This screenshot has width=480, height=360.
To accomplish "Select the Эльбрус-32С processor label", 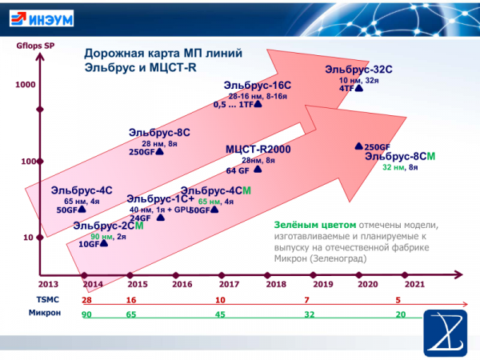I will point(358,70).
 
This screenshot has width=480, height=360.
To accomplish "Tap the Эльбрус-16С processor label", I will point(256,85).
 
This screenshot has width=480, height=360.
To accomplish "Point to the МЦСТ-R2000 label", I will point(258,150).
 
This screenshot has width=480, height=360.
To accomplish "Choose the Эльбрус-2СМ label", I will point(109,226).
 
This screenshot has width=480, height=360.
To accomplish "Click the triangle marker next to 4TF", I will point(359,89).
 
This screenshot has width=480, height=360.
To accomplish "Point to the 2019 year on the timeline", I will point(322,283).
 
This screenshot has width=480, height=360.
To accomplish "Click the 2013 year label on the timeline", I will point(49,283).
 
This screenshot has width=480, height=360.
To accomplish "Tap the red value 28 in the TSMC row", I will point(86,298).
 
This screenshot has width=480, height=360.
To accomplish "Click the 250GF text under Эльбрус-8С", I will point(141,152).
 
